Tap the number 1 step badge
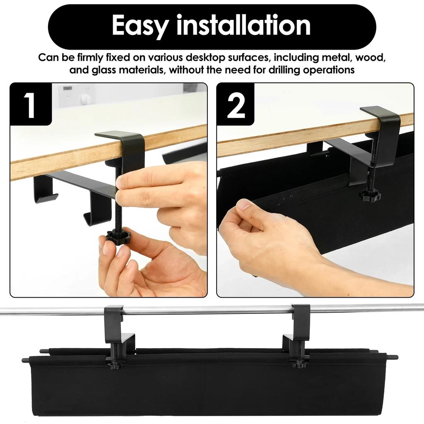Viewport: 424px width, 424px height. [30, 105]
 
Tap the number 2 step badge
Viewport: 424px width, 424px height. [236, 105]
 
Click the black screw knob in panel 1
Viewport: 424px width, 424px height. [118, 237]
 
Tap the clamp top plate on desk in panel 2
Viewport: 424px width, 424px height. [379, 112]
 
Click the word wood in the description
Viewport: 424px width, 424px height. [373, 57]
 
